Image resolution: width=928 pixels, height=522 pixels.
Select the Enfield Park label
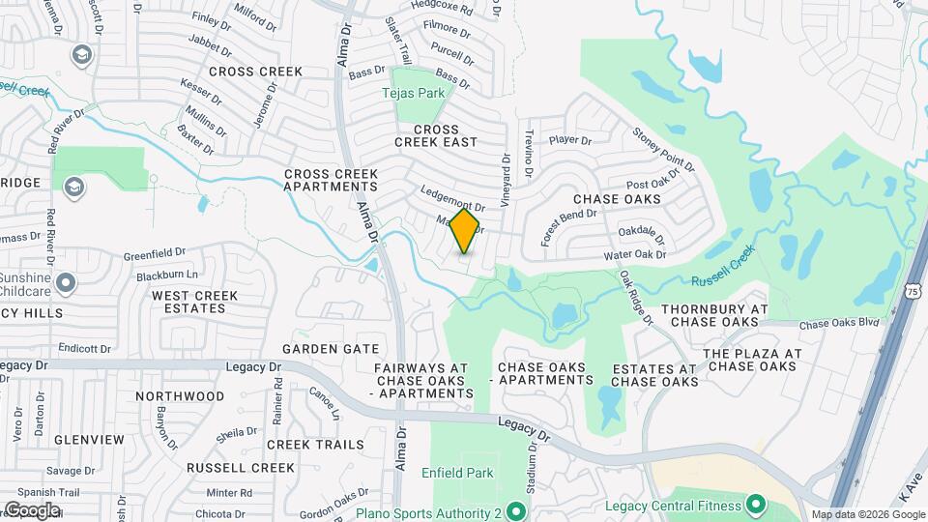coord(457,473)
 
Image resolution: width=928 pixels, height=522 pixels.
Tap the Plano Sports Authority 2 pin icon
coord(516,511)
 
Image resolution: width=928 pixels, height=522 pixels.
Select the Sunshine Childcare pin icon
coord(66,282)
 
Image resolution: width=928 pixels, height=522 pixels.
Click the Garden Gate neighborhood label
coord(330,348)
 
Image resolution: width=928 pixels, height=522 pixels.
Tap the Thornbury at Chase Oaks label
coord(713,315)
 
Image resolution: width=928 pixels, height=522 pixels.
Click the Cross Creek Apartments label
coord(331,180)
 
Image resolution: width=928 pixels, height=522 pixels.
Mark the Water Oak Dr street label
coord(635,255)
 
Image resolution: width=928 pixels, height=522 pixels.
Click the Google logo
coord(32,509)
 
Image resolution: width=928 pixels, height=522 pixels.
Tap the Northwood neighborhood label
coord(180,396)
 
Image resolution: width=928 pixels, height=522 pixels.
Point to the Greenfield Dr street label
coord(154,254)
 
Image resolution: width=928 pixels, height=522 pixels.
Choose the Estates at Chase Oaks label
coord(654,375)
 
